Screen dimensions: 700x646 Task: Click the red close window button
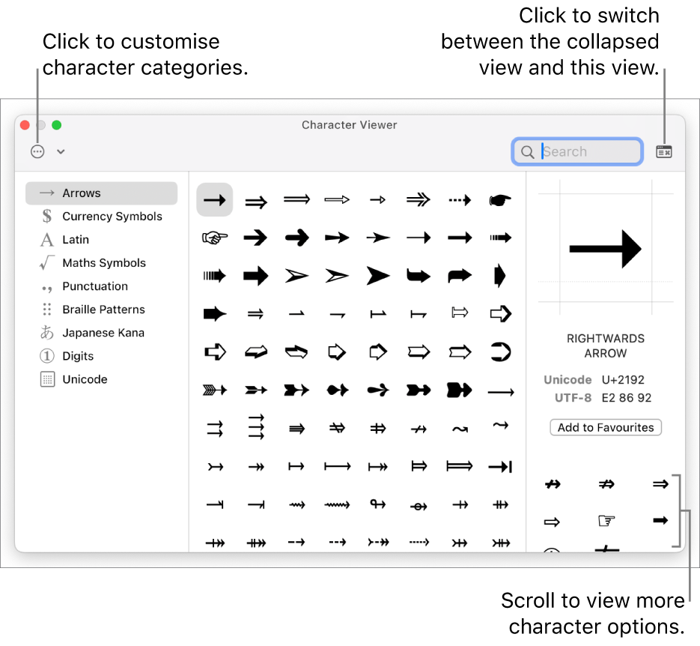tap(25, 125)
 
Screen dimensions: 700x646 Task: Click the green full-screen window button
tap(57, 125)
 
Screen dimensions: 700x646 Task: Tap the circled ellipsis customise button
tap(37, 152)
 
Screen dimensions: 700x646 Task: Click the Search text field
tap(577, 152)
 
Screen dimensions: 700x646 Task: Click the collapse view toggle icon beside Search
tap(664, 152)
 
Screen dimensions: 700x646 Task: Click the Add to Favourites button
tap(606, 427)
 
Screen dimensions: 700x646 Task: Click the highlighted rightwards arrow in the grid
tap(215, 199)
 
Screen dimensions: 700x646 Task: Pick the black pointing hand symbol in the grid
tap(500, 200)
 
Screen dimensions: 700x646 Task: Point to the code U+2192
tap(623, 380)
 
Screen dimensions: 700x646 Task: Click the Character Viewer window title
tap(349, 125)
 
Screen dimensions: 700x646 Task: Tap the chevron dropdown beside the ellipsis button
tap(61, 152)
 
